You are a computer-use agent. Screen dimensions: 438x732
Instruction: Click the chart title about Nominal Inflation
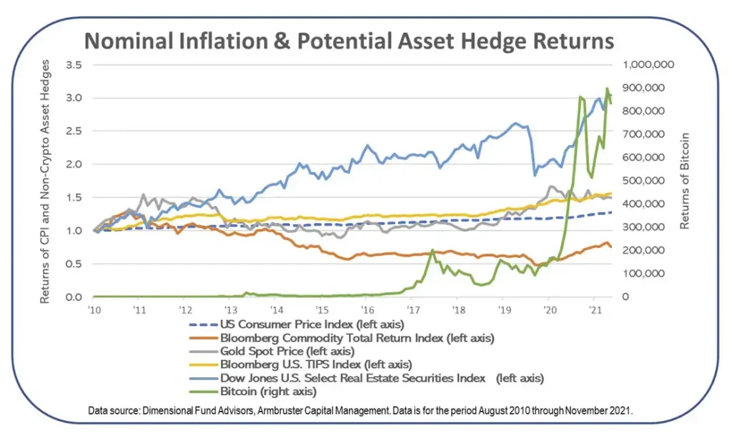point(349,41)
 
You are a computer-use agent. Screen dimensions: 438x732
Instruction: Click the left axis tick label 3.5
point(73,65)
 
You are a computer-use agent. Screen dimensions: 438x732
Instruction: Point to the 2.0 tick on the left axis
point(73,164)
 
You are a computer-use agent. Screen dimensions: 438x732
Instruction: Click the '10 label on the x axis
point(94,310)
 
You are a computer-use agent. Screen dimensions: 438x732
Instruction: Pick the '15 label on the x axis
point(322,310)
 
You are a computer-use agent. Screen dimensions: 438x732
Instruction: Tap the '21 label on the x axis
point(595,310)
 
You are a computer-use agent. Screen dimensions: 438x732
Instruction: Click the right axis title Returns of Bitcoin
point(684,180)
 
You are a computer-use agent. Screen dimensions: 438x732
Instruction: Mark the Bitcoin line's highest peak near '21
point(607,89)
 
